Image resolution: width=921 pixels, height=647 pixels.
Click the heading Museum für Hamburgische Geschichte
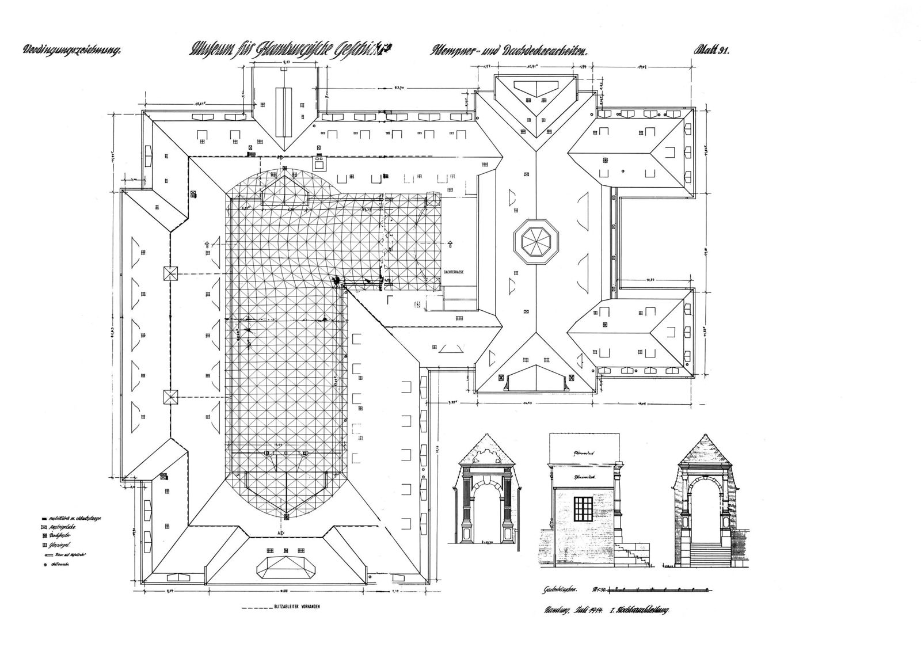pos(288,51)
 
